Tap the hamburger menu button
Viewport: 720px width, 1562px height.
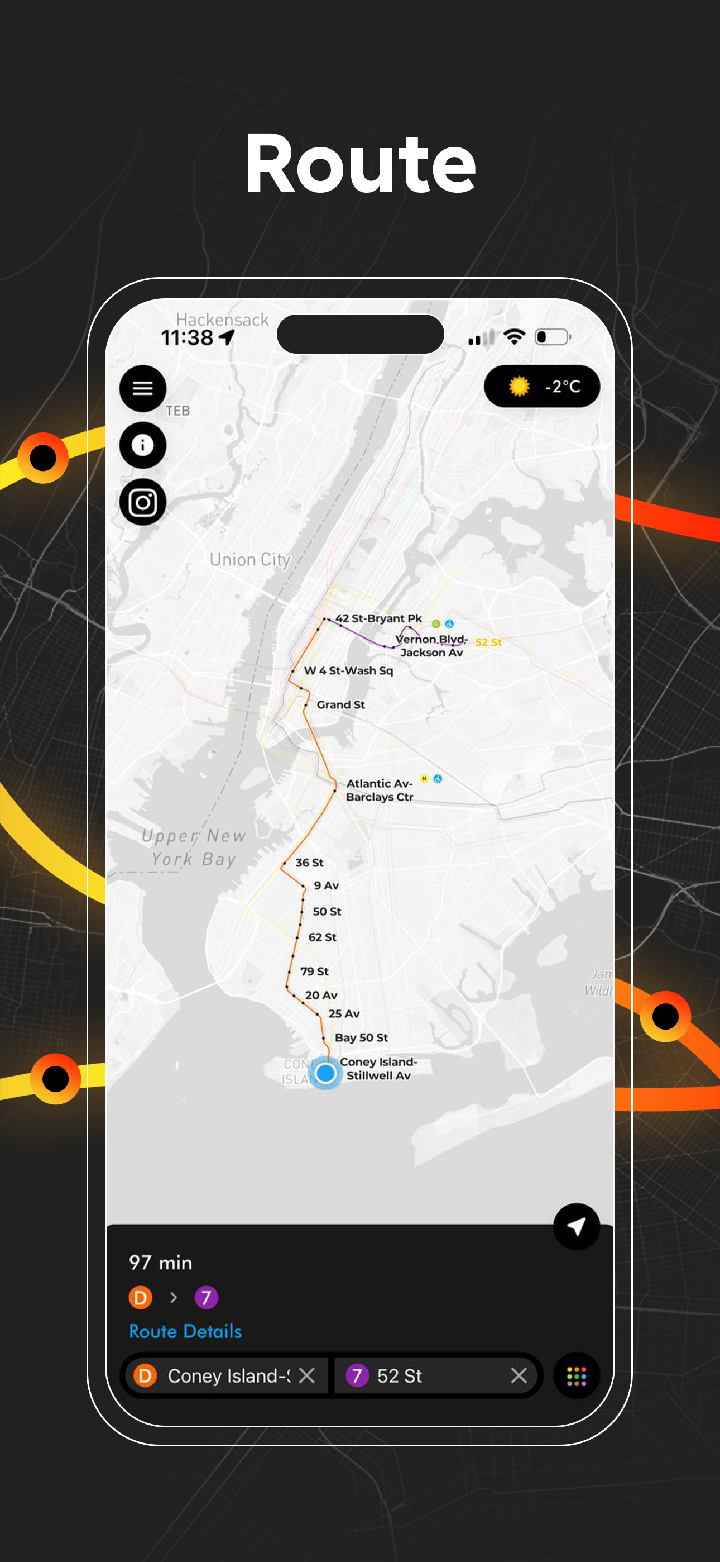[x=142, y=388]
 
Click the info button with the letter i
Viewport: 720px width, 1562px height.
[x=142, y=445]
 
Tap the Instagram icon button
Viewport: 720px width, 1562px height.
[x=142, y=502]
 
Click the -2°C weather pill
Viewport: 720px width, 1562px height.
[x=542, y=386]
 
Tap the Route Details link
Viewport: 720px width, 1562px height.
[x=185, y=1331]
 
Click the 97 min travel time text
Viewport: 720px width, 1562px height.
[x=161, y=1263]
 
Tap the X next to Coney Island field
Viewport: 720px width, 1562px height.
[x=306, y=1375]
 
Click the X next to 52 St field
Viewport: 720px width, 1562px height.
[x=519, y=1375]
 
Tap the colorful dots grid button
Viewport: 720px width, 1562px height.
[x=577, y=1375]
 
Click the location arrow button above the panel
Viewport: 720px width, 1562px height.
[x=577, y=1226]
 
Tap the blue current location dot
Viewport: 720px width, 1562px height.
[x=326, y=1073]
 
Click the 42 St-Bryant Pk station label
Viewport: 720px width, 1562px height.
[x=379, y=618]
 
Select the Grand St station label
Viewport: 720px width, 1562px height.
[x=340, y=704]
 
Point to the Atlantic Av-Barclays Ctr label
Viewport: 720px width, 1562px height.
[x=380, y=790]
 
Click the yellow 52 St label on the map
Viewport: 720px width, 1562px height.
[x=488, y=642]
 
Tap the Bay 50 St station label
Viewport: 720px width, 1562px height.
[x=361, y=1037]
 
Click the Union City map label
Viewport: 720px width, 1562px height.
[x=249, y=559]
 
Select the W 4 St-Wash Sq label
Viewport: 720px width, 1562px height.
[x=348, y=670]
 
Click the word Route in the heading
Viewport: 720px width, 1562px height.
[x=360, y=164]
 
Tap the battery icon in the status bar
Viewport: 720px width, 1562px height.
[x=552, y=337]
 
